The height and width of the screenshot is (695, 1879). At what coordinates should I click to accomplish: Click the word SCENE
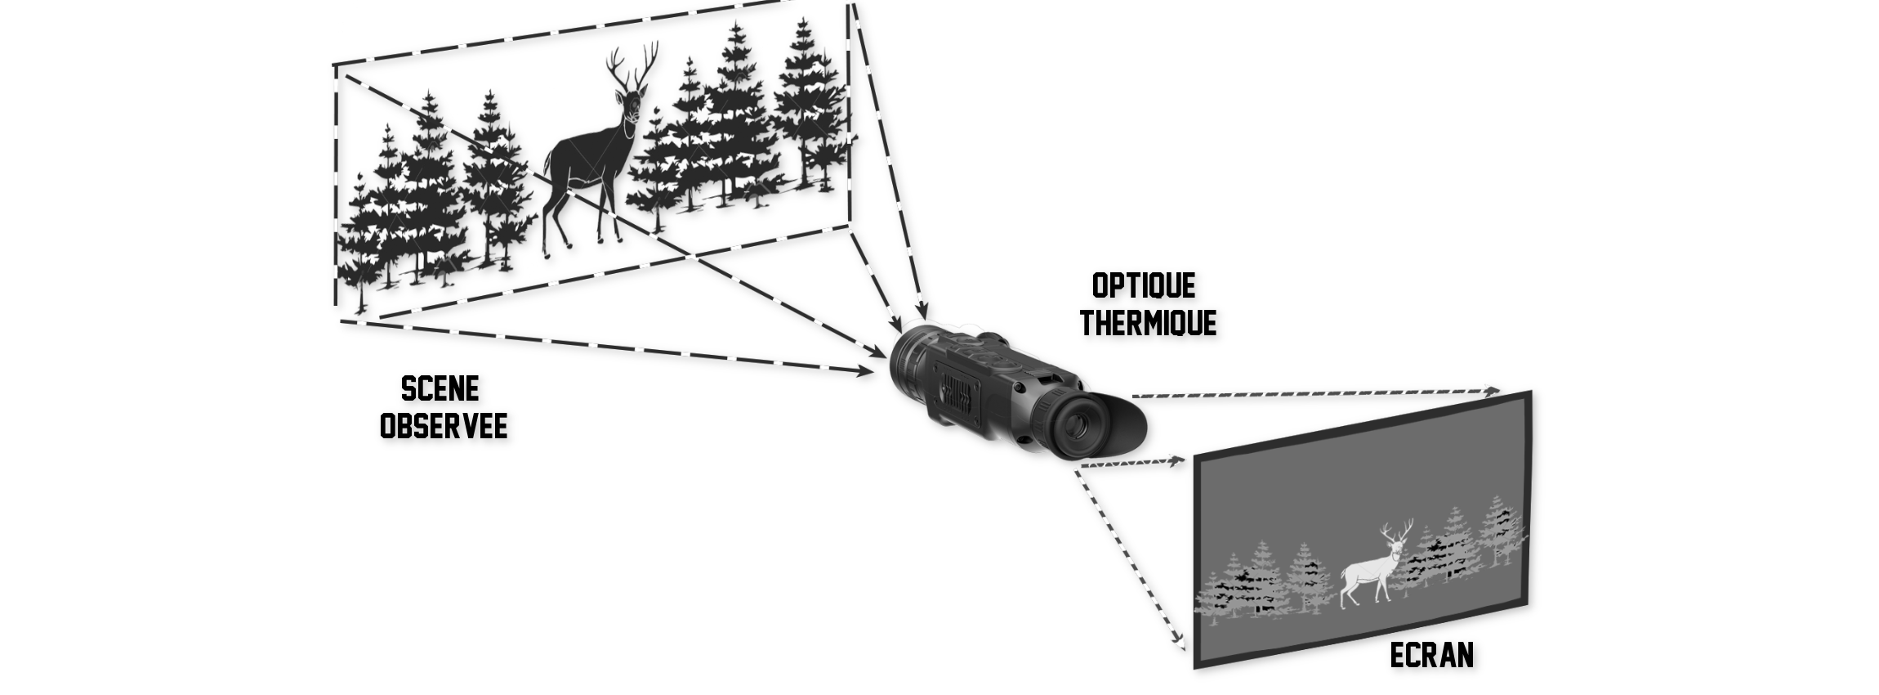coord(440,388)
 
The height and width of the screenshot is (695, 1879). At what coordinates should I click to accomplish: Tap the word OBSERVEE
coord(444,426)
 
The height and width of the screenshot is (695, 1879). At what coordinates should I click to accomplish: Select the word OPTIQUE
coord(1144,286)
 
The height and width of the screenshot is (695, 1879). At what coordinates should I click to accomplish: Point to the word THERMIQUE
coord(1148,322)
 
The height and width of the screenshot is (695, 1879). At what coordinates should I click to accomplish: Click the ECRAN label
coord(1432,655)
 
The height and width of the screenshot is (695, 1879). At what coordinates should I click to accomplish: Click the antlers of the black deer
coord(632,67)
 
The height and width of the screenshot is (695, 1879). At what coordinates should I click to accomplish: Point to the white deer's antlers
coord(1397,530)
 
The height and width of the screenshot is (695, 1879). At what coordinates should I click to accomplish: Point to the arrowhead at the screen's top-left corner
coord(1176,461)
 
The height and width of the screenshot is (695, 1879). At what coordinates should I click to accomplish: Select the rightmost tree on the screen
coord(1502,531)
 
